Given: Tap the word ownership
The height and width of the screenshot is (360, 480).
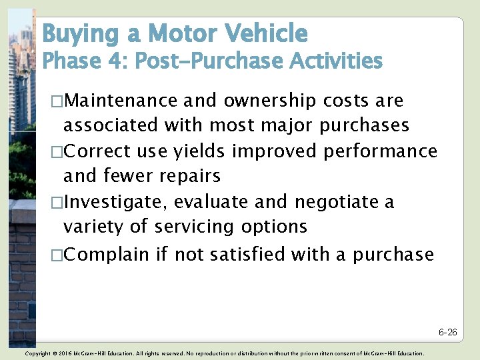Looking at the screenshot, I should [272, 101].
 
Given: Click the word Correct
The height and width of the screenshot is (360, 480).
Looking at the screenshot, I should [100, 151].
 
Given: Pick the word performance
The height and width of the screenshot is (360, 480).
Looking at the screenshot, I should [380, 151].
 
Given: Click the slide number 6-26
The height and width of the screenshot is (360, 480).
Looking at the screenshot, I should [447, 332].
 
